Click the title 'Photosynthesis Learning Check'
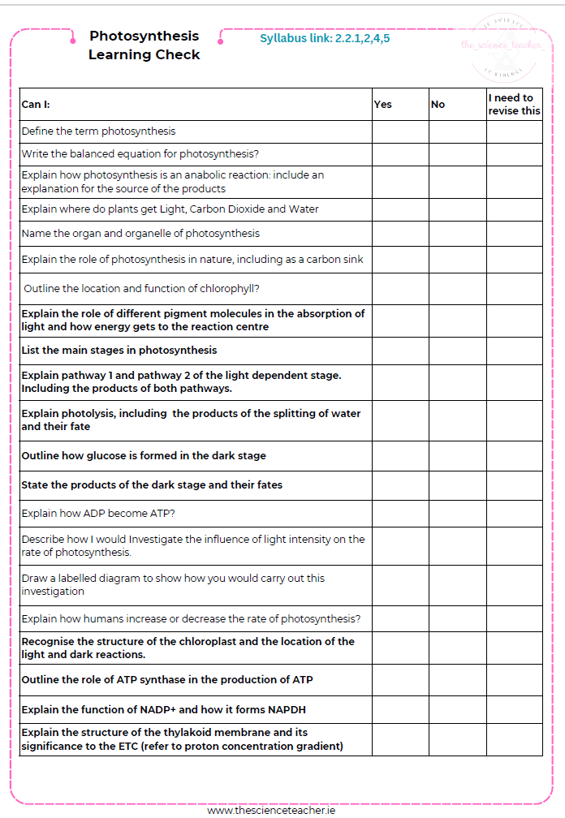pyautogui.click(x=144, y=45)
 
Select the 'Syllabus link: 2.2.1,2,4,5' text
pyautogui.click(x=325, y=38)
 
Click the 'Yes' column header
pyautogui.click(x=383, y=104)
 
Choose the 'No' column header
pyautogui.click(x=438, y=104)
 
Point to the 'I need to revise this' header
pyautogui.click(x=514, y=104)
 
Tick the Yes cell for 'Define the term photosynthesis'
pyautogui.click(x=400, y=131)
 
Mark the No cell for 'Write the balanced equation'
pyautogui.click(x=457, y=154)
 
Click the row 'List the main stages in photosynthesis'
pyautogui.click(x=119, y=351)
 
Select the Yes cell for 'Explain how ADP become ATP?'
pyautogui.click(x=400, y=513)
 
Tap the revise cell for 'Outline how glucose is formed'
pyautogui.click(x=514, y=455)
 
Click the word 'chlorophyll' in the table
pyautogui.click(x=226, y=288)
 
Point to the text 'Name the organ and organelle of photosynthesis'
pyautogui.click(x=140, y=234)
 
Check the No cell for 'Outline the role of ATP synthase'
pyautogui.click(x=457, y=679)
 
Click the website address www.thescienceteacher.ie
pyautogui.click(x=271, y=810)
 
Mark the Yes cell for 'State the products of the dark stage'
pyautogui.click(x=400, y=484)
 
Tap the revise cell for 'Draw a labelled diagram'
pyautogui.click(x=514, y=585)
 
